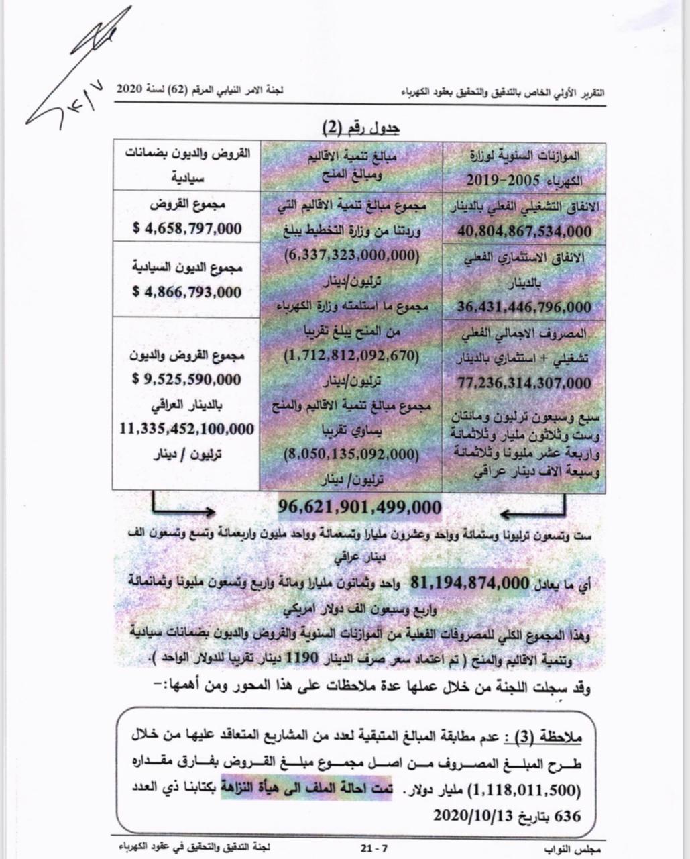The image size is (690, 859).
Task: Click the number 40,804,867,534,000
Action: point(525,232)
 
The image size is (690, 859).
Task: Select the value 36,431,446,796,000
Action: point(525,307)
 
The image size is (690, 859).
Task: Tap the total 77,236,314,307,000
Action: point(525,383)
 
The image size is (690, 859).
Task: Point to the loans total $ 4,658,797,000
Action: point(187,228)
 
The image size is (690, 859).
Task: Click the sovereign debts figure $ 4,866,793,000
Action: point(187,292)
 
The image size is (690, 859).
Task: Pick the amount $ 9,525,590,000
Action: point(187,379)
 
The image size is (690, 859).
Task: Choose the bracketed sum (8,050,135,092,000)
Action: point(351,454)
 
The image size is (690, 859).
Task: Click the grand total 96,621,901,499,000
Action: point(359,507)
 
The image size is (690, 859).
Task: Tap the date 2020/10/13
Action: point(473,815)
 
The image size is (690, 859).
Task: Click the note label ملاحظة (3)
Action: point(545,739)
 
